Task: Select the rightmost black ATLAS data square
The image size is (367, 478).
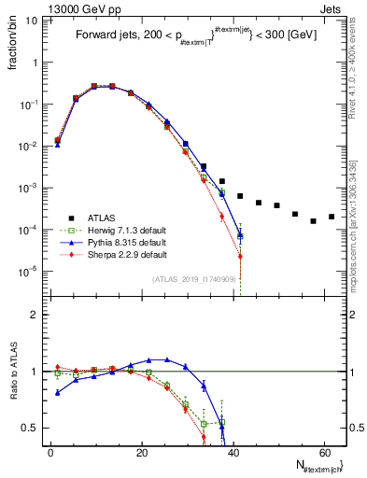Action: tap(332, 217)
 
